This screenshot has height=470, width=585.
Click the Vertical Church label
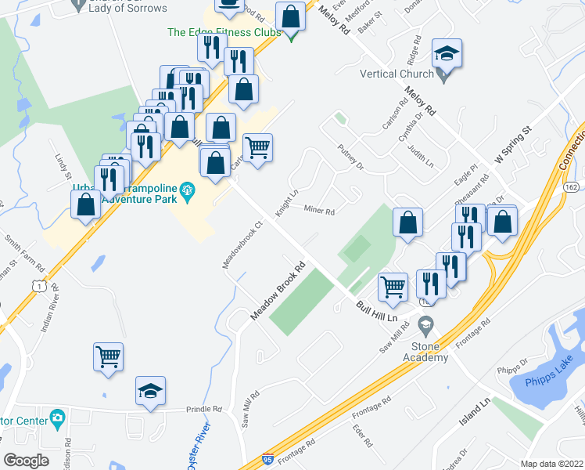click(397, 74)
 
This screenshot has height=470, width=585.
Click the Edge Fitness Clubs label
click(224, 32)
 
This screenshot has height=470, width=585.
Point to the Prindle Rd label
click(204, 410)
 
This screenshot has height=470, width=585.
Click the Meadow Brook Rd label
click(276, 291)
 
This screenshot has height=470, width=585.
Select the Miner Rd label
click(319, 211)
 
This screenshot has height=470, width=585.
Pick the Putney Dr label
click(350, 156)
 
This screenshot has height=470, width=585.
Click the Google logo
click(26, 461)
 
